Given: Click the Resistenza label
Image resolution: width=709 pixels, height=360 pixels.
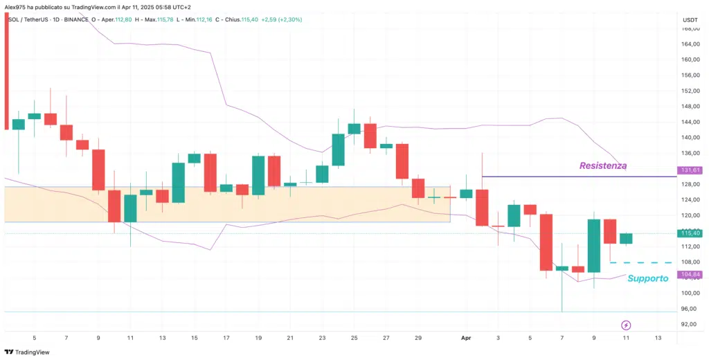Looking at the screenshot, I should [603, 166].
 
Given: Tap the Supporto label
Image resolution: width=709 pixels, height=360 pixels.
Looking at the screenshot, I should [647, 278].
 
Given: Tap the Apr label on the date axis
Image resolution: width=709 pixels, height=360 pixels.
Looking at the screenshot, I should [467, 338].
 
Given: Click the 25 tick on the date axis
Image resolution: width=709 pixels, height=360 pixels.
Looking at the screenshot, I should [354, 338].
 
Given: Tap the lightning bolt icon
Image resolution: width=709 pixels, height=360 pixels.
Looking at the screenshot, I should [626, 325].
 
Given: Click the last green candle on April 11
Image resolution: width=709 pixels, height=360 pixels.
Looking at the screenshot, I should [626, 239].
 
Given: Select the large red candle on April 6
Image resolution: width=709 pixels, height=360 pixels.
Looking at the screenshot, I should [546, 242].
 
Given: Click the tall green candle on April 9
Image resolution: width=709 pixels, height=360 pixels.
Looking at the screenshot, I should [594, 246].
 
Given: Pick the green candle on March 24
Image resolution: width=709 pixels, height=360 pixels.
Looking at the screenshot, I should [339, 150].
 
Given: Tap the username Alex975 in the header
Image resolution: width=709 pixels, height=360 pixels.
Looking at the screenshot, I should [15, 6].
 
